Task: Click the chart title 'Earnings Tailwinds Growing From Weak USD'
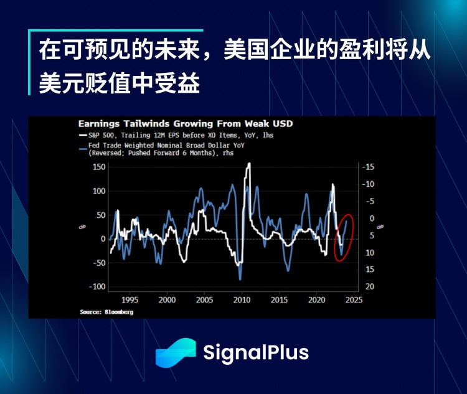click(x=185, y=123)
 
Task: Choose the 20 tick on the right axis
click(x=369, y=286)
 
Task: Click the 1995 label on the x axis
click(x=130, y=299)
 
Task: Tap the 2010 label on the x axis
click(x=242, y=299)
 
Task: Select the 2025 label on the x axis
click(x=354, y=299)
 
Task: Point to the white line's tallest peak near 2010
click(x=250, y=164)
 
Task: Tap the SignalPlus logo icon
click(x=176, y=353)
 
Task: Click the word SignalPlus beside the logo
click(x=256, y=353)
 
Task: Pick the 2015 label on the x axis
click(x=279, y=299)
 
